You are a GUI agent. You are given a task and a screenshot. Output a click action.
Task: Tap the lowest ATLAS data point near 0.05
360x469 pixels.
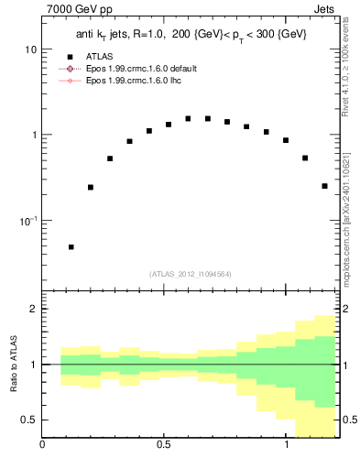click(71, 246)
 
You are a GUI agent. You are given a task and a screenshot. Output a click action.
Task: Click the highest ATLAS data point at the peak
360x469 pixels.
click(188, 118)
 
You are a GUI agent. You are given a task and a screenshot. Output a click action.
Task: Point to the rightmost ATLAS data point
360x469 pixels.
click(325, 186)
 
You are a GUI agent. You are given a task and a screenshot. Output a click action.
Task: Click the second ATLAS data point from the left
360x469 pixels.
click(91, 187)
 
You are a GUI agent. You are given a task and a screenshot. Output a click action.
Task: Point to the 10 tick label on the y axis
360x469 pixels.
click(30, 49)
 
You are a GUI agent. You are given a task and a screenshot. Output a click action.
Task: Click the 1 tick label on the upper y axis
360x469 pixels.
click(33, 135)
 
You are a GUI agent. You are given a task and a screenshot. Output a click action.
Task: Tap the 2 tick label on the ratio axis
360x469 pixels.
click(33, 309)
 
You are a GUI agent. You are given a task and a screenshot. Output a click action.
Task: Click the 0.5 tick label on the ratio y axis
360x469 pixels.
click(28, 420)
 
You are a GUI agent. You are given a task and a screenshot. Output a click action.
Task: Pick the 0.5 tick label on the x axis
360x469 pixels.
click(164, 446)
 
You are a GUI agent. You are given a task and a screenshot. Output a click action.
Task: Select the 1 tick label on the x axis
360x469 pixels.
click(286, 446)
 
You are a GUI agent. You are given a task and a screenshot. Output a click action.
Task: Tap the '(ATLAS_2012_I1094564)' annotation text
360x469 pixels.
click(191, 273)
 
